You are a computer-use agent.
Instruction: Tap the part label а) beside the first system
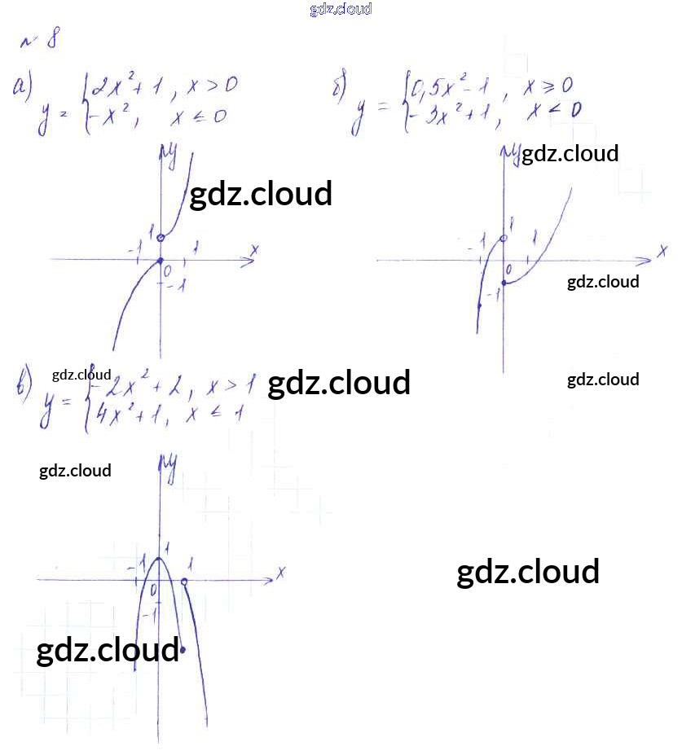[24, 88]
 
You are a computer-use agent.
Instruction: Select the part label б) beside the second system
[341, 87]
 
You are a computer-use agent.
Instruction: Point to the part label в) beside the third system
[24, 383]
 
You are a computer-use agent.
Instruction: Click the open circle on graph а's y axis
[161, 238]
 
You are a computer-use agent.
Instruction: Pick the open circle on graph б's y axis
[504, 239]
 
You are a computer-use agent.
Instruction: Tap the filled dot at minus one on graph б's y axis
[504, 283]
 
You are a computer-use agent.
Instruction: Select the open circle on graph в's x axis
[185, 582]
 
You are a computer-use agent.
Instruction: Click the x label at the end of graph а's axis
[254, 249]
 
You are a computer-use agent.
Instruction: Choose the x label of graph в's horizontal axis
[279, 573]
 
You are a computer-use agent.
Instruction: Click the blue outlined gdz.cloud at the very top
[341, 9]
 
